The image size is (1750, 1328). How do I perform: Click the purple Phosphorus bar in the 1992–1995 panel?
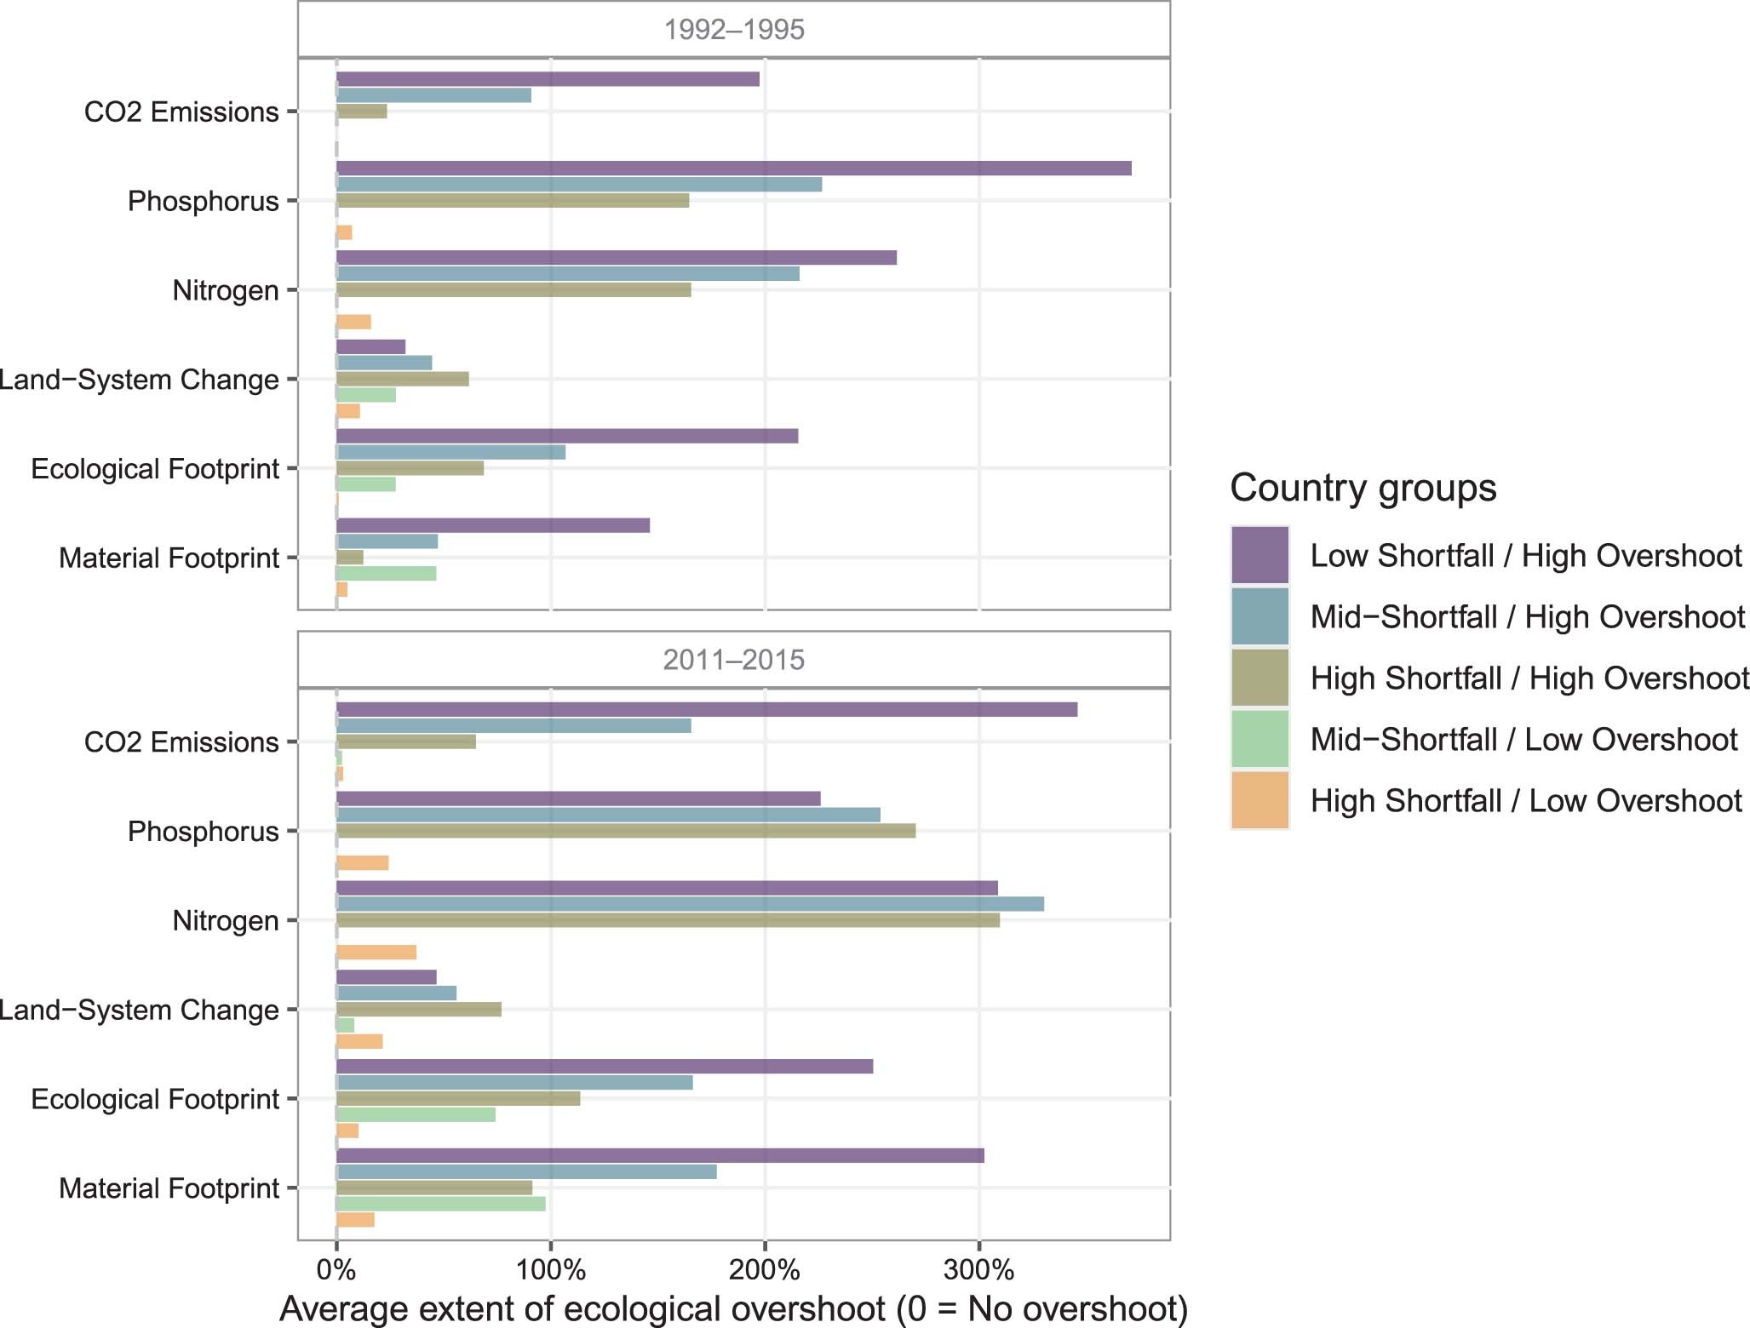click(x=732, y=168)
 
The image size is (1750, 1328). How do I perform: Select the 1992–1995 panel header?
click(x=733, y=30)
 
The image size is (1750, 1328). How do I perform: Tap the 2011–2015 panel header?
click(x=733, y=660)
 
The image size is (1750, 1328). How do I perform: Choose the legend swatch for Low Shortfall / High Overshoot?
click(x=1259, y=555)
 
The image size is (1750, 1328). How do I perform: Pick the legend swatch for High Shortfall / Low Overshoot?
click(x=1259, y=800)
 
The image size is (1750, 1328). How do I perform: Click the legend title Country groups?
click(x=1363, y=488)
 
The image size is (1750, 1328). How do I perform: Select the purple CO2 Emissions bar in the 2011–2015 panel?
click(x=707, y=709)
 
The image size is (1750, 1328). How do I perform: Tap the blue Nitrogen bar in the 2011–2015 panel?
click(x=690, y=904)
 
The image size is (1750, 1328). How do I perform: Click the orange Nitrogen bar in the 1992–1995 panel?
click(x=353, y=322)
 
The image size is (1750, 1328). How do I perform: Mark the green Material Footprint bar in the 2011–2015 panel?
click(x=440, y=1204)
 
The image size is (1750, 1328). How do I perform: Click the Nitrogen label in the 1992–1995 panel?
click(x=226, y=290)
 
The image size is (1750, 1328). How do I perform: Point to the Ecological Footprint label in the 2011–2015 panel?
click(x=155, y=1099)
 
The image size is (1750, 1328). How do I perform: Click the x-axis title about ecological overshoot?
click(x=733, y=1308)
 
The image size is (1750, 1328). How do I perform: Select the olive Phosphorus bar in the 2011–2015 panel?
click(x=626, y=831)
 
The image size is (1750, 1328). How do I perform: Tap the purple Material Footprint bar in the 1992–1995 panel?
click(x=492, y=525)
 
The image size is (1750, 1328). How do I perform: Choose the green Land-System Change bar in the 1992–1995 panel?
click(x=366, y=395)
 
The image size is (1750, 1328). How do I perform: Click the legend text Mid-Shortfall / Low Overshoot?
click(x=1523, y=740)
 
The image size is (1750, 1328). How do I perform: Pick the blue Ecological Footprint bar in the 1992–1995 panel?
click(x=450, y=452)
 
